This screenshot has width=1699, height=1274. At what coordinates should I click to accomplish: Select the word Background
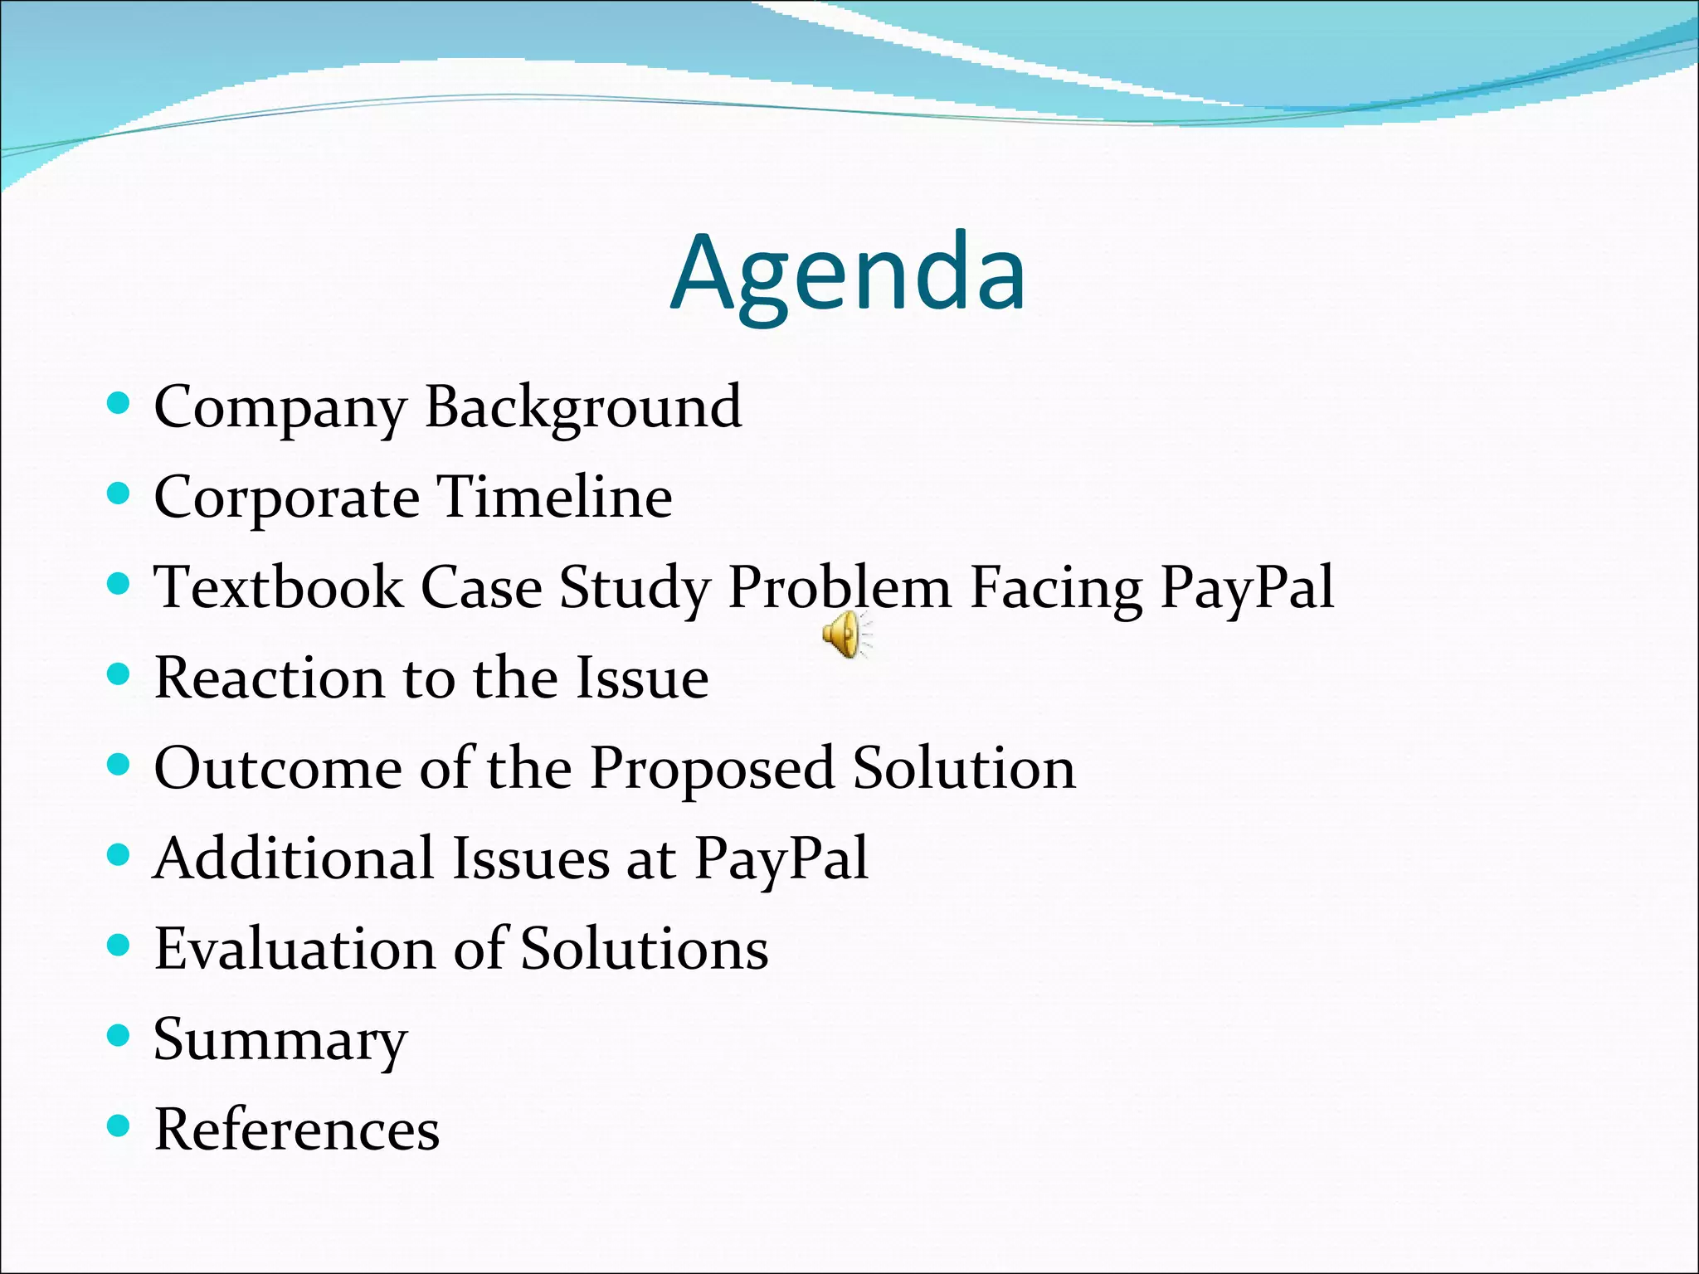[x=583, y=408]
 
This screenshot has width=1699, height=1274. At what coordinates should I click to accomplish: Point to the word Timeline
[x=554, y=498]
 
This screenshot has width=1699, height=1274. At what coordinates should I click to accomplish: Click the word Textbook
[x=279, y=588]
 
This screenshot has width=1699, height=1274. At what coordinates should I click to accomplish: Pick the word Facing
[x=1055, y=588]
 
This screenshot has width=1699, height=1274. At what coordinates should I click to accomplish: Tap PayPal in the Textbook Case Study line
[x=1247, y=588]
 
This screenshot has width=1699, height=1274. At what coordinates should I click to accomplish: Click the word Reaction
[x=270, y=678]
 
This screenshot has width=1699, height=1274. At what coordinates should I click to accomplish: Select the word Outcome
[x=278, y=768]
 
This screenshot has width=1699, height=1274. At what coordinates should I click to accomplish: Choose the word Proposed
[x=712, y=768]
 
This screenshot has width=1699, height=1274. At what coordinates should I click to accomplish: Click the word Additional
[x=294, y=858]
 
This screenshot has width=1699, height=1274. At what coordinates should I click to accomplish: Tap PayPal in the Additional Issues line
[x=781, y=858]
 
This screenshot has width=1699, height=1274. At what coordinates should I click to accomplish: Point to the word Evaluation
[x=295, y=949]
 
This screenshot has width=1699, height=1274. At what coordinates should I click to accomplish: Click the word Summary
[x=280, y=1039]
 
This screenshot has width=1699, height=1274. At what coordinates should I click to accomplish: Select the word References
[x=297, y=1130]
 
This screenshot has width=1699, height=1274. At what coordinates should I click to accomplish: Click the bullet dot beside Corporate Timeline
[x=119, y=494]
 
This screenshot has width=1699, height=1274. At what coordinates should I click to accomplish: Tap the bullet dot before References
[x=119, y=1126]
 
